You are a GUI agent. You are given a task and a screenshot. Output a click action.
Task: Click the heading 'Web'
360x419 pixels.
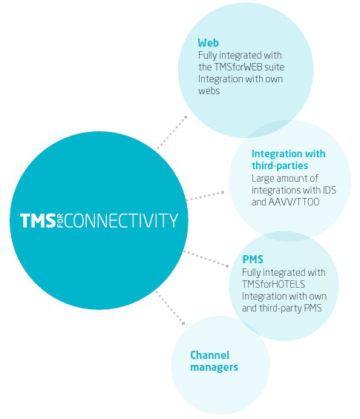pyautogui.click(x=208, y=43)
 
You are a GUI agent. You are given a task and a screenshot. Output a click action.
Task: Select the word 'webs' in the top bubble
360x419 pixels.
pyautogui.click(x=209, y=91)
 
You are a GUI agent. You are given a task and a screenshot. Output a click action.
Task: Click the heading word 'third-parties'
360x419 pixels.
pyautogui.click(x=280, y=165)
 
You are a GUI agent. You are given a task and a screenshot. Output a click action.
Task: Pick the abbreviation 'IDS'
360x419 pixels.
pyautogui.click(x=330, y=190)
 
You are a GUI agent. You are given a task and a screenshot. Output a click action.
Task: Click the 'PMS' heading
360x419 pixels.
pyautogui.click(x=253, y=260)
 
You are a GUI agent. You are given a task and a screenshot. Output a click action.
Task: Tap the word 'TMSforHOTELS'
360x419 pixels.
pyautogui.click(x=273, y=284)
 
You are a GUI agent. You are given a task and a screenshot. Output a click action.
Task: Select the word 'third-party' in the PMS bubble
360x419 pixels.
pyautogui.click(x=277, y=308)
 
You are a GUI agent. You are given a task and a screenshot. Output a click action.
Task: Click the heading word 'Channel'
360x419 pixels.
pyautogui.click(x=209, y=355)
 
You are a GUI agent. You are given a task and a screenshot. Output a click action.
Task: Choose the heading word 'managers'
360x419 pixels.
pyautogui.click(x=214, y=367)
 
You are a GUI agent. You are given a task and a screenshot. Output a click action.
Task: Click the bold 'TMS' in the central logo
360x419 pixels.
pyautogui.click(x=38, y=220)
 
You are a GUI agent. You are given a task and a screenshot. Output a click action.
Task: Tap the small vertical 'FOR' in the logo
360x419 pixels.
pyautogui.click(x=60, y=221)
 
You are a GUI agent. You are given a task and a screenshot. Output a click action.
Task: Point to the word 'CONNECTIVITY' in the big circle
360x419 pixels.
pyautogui.click(x=121, y=220)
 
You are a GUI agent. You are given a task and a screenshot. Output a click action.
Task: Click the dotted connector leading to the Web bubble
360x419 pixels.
pyautogui.click(x=171, y=133)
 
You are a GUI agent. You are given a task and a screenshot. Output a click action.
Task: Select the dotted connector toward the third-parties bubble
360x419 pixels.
pyautogui.click(x=205, y=196)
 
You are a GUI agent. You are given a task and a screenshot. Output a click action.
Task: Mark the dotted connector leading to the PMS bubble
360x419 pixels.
pyautogui.click(x=206, y=259)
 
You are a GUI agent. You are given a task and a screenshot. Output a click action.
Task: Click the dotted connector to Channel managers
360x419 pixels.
pyautogui.click(x=170, y=308)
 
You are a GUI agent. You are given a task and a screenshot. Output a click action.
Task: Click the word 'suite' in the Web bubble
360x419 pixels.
pyautogui.click(x=275, y=67)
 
